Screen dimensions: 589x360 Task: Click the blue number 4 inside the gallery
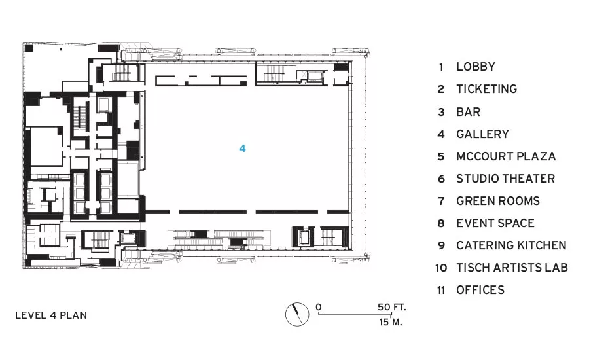pyautogui.click(x=242, y=149)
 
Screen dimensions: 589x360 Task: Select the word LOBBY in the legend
pyautogui.click(x=476, y=67)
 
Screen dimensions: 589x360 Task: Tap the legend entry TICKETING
pyautogui.click(x=486, y=89)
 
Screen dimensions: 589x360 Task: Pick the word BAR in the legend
pyautogui.click(x=468, y=112)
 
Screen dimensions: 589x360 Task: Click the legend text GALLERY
pyautogui.click(x=482, y=134)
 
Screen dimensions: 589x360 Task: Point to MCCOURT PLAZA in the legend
pyautogui.click(x=506, y=156)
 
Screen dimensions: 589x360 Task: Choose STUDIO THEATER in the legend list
pyautogui.click(x=505, y=179)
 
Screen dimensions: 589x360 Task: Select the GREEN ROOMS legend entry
pyautogui.click(x=498, y=201)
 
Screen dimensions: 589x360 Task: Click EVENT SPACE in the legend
pyautogui.click(x=495, y=223)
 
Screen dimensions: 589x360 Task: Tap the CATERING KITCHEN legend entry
pyautogui.click(x=511, y=245)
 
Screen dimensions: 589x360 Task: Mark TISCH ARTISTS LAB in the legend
pyautogui.click(x=512, y=268)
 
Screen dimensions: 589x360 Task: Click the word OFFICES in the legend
pyautogui.click(x=480, y=290)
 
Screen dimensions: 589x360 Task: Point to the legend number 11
pyautogui.click(x=441, y=290)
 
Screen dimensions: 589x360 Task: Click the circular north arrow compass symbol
pyautogui.click(x=296, y=314)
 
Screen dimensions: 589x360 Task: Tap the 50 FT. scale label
pyautogui.click(x=391, y=307)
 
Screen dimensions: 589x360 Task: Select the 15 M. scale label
pyautogui.click(x=390, y=322)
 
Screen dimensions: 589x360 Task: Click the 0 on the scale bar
pyautogui.click(x=319, y=307)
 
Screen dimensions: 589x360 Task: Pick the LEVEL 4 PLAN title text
pyautogui.click(x=51, y=315)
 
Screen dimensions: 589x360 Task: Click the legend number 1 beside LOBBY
pyautogui.click(x=441, y=67)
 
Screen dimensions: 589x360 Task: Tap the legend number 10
pyautogui.click(x=441, y=268)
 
